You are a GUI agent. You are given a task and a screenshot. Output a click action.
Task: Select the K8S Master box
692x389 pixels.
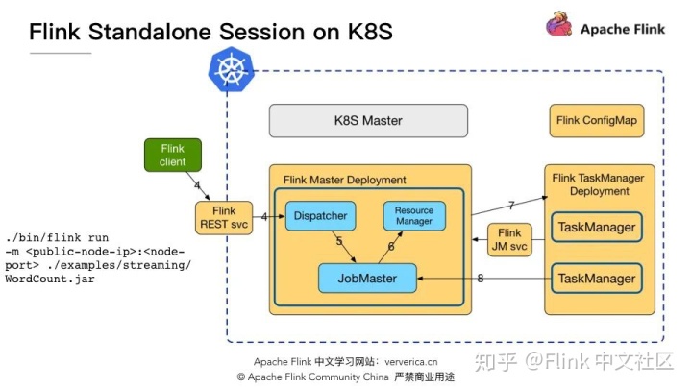[x=367, y=121]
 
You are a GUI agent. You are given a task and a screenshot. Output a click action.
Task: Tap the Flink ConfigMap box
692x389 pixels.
[x=595, y=121]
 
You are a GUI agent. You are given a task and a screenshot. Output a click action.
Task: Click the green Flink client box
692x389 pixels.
[x=173, y=156]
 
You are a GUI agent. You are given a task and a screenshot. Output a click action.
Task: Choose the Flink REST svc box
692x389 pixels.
[x=223, y=217]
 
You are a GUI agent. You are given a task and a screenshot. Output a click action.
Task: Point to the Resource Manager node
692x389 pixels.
[x=414, y=216]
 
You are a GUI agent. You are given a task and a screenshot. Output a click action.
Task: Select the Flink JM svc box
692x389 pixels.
[x=509, y=239]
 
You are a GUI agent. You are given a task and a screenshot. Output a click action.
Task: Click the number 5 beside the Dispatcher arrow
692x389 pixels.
[x=339, y=242]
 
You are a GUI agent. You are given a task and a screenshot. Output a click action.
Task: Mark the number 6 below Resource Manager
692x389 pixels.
[x=391, y=246]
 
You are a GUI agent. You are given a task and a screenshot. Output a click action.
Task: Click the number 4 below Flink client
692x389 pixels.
[x=196, y=184]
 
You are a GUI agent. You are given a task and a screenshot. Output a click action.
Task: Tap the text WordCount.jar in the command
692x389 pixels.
[x=49, y=279]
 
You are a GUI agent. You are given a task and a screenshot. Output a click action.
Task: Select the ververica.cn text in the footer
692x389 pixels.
[x=411, y=361]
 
